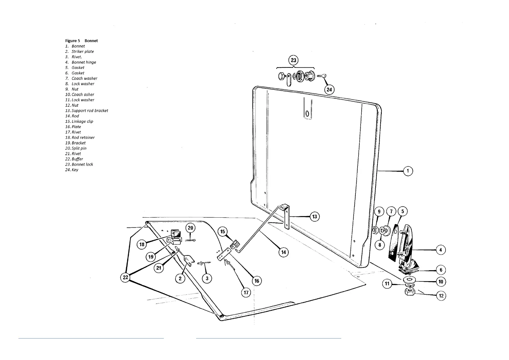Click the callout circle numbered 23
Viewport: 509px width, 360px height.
[x=293, y=60]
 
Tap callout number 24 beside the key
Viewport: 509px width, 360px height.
[x=329, y=89]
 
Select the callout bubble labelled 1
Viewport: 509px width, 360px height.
[x=408, y=171]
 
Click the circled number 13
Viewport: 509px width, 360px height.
[x=314, y=216]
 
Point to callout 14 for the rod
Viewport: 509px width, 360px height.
[x=283, y=252]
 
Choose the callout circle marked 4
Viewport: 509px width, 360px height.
[x=440, y=250]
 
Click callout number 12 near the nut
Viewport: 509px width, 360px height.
[x=441, y=296]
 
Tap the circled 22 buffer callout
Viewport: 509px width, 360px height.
[x=125, y=277]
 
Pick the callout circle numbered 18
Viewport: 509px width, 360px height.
[x=142, y=244]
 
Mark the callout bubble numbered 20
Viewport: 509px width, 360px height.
[x=190, y=228]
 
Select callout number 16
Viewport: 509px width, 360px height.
[x=257, y=281]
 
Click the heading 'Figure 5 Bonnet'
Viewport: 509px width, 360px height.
[x=81, y=41]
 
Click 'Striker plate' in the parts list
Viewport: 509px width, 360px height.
[x=83, y=52]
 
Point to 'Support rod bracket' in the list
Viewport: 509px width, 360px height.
[x=89, y=111]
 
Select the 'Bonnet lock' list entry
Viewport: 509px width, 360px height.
[x=82, y=164]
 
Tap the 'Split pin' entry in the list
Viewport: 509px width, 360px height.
[x=79, y=148]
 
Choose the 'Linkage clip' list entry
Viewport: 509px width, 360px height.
[x=82, y=122]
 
